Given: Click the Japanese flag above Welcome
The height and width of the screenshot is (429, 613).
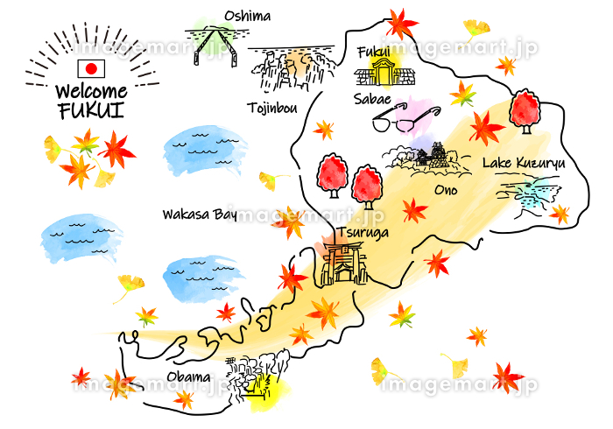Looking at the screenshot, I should (x=91, y=69).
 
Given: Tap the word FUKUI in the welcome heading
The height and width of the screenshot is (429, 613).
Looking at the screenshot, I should (x=91, y=110).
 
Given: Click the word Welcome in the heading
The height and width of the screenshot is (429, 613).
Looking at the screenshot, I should (x=91, y=91).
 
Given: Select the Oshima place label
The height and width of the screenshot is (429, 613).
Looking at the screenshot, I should (x=247, y=16).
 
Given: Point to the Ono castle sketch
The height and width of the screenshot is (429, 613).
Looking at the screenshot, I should (x=429, y=158).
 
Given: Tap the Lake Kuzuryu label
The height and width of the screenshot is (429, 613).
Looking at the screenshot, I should (x=525, y=164).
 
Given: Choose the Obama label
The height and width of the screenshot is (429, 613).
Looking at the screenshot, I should (x=188, y=377).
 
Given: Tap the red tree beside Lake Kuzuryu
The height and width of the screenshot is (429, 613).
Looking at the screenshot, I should (x=525, y=110).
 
